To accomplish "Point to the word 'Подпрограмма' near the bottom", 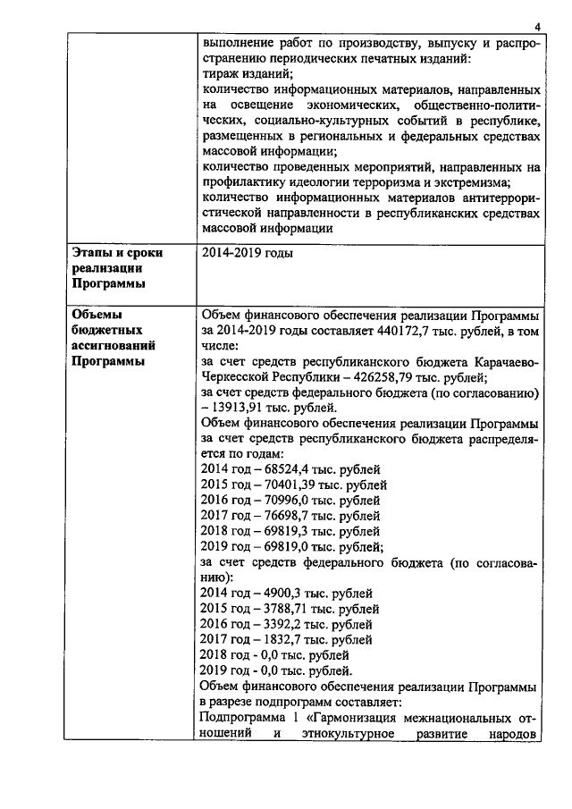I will (241, 718).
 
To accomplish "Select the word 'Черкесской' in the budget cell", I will (234, 376).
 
